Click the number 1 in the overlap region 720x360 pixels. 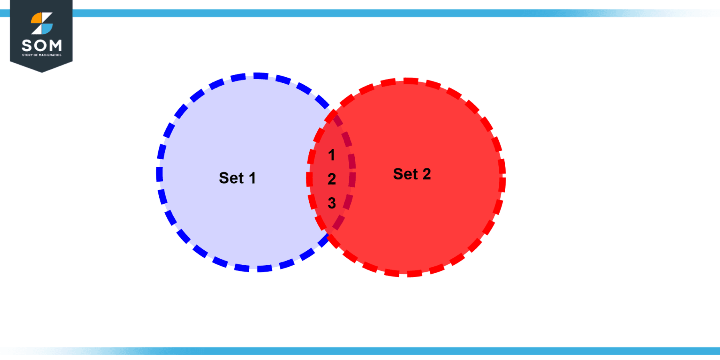tap(331, 155)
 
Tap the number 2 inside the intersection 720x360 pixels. tap(332, 179)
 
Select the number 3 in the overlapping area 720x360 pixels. tap(332, 203)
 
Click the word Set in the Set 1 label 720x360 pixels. tap(231, 178)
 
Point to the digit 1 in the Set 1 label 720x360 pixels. tap(252, 178)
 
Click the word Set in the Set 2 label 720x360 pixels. tap(405, 174)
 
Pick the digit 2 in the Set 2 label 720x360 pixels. tap(427, 174)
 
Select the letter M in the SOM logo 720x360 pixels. tap(55, 45)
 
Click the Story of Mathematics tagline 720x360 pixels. tap(42, 55)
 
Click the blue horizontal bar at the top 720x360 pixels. tap(360, 13)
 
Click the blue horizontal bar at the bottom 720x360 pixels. tap(360, 351)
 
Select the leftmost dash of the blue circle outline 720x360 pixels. tap(159, 174)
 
